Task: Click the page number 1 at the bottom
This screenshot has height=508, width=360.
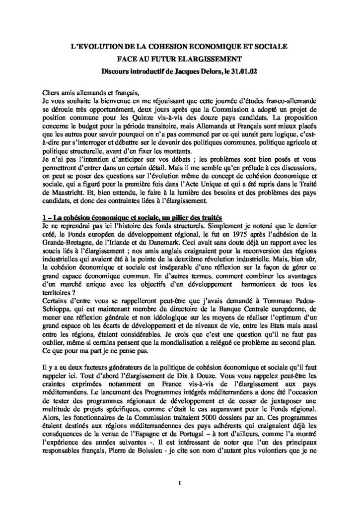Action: point(180,469)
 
